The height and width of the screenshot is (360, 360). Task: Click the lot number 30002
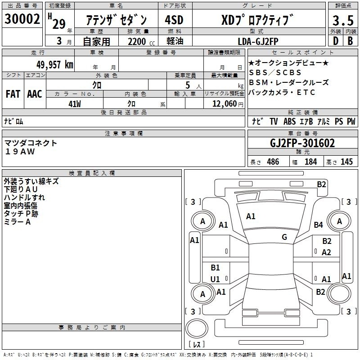(x=22, y=19)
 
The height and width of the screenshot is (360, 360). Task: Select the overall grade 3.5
(x=343, y=20)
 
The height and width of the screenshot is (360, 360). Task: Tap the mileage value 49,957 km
(x=55, y=65)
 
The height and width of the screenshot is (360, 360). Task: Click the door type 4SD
(x=174, y=20)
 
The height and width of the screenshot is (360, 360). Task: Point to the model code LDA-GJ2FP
(x=258, y=41)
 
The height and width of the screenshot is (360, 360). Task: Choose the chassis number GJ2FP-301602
(x=302, y=143)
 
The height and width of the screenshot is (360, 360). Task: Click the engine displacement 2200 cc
(x=141, y=41)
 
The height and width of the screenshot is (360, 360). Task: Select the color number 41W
(x=75, y=104)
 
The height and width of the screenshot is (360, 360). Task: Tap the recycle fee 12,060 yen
(x=228, y=104)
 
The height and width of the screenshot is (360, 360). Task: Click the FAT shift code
(x=13, y=94)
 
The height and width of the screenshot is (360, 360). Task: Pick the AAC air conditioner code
(x=35, y=94)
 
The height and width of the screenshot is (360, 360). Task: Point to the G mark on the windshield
(x=284, y=237)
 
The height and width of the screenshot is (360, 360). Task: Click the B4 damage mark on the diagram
(x=318, y=225)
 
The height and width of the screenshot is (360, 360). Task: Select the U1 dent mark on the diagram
(x=215, y=279)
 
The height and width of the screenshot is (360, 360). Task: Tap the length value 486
(x=273, y=162)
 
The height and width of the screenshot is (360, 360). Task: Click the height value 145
(x=346, y=162)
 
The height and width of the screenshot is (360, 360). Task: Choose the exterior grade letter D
(x=336, y=41)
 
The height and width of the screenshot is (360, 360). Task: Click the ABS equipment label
(x=289, y=121)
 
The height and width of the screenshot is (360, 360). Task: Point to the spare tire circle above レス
(x=197, y=328)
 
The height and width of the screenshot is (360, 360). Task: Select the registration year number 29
(x=59, y=24)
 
